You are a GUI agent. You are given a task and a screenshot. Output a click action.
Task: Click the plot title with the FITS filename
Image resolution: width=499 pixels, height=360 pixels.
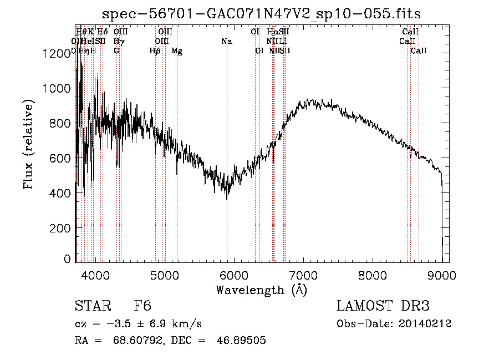(x=262, y=14)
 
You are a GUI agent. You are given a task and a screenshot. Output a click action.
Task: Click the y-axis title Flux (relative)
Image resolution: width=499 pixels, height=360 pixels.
(x=28, y=144)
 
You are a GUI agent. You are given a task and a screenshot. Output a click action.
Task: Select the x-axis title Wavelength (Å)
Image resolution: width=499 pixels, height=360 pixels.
(x=261, y=290)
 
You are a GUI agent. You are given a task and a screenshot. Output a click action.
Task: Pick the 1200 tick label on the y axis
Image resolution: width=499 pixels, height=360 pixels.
(x=56, y=53)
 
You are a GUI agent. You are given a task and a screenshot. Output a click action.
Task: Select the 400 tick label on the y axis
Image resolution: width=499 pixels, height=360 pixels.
(x=60, y=193)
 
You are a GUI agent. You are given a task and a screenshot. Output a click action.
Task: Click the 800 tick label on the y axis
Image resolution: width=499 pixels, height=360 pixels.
(x=60, y=123)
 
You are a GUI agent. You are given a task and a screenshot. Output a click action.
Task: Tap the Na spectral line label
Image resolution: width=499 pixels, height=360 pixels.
(x=226, y=41)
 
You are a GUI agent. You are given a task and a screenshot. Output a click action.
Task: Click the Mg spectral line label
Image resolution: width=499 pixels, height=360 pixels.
(x=176, y=51)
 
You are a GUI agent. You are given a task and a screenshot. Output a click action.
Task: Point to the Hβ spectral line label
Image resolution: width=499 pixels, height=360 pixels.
(x=155, y=51)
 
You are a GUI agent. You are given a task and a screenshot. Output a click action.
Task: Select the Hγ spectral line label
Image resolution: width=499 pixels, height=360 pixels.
(x=119, y=41)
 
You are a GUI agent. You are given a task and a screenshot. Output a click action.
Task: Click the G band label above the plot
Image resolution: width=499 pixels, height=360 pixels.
(x=116, y=51)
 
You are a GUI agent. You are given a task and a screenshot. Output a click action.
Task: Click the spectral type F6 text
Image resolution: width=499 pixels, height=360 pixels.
(x=142, y=306)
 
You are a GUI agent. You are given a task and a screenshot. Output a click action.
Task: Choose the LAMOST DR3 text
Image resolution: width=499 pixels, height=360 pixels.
(x=383, y=306)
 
